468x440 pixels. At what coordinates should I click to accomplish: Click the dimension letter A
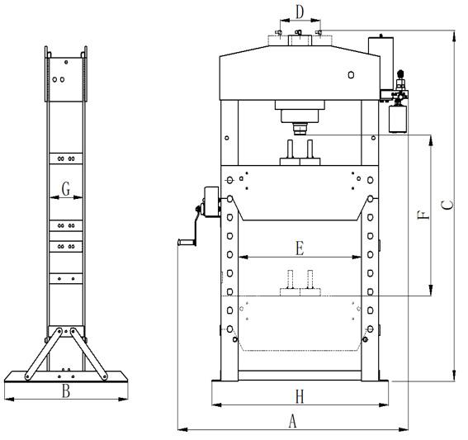[x=292, y=421]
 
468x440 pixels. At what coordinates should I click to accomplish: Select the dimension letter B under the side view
[x=66, y=390]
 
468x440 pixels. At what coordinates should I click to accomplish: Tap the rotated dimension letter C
[x=447, y=205]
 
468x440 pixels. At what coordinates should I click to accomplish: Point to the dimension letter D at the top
[x=300, y=12]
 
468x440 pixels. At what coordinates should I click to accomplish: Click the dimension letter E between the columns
[x=300, y=248]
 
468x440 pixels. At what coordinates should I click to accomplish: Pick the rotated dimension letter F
[x=423, y=215]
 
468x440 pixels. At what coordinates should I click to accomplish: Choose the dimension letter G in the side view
[x=66, y=189]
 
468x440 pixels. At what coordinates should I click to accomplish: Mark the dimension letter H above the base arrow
[x=300, y=397]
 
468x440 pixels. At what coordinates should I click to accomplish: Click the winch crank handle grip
[x=185, y=242]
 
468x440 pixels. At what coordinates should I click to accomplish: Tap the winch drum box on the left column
[x=211, y=201]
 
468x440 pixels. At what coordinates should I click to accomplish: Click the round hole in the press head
[x=351, y=74]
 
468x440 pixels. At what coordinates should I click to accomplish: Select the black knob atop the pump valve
[x=400, y=73]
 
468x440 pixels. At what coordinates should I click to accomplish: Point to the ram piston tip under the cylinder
[x=300, y=129]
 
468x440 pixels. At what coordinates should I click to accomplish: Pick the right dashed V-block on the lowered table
[x=310, y=283]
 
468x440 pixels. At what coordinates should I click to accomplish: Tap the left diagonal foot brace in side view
[x=44, y=354]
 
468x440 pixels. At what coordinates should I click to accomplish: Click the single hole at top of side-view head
[x=66, y=62]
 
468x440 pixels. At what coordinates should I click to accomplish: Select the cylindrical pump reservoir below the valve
[x=398, y=119]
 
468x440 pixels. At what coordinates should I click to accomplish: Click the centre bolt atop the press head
[x=299, y=32]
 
